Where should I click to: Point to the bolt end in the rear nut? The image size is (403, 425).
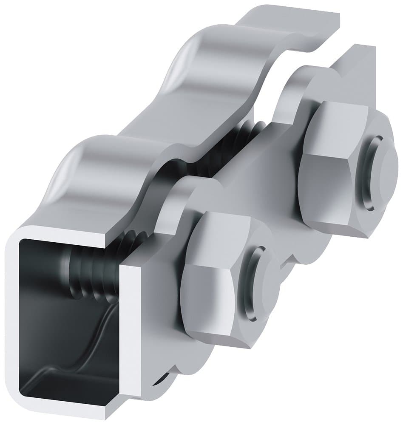376,174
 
